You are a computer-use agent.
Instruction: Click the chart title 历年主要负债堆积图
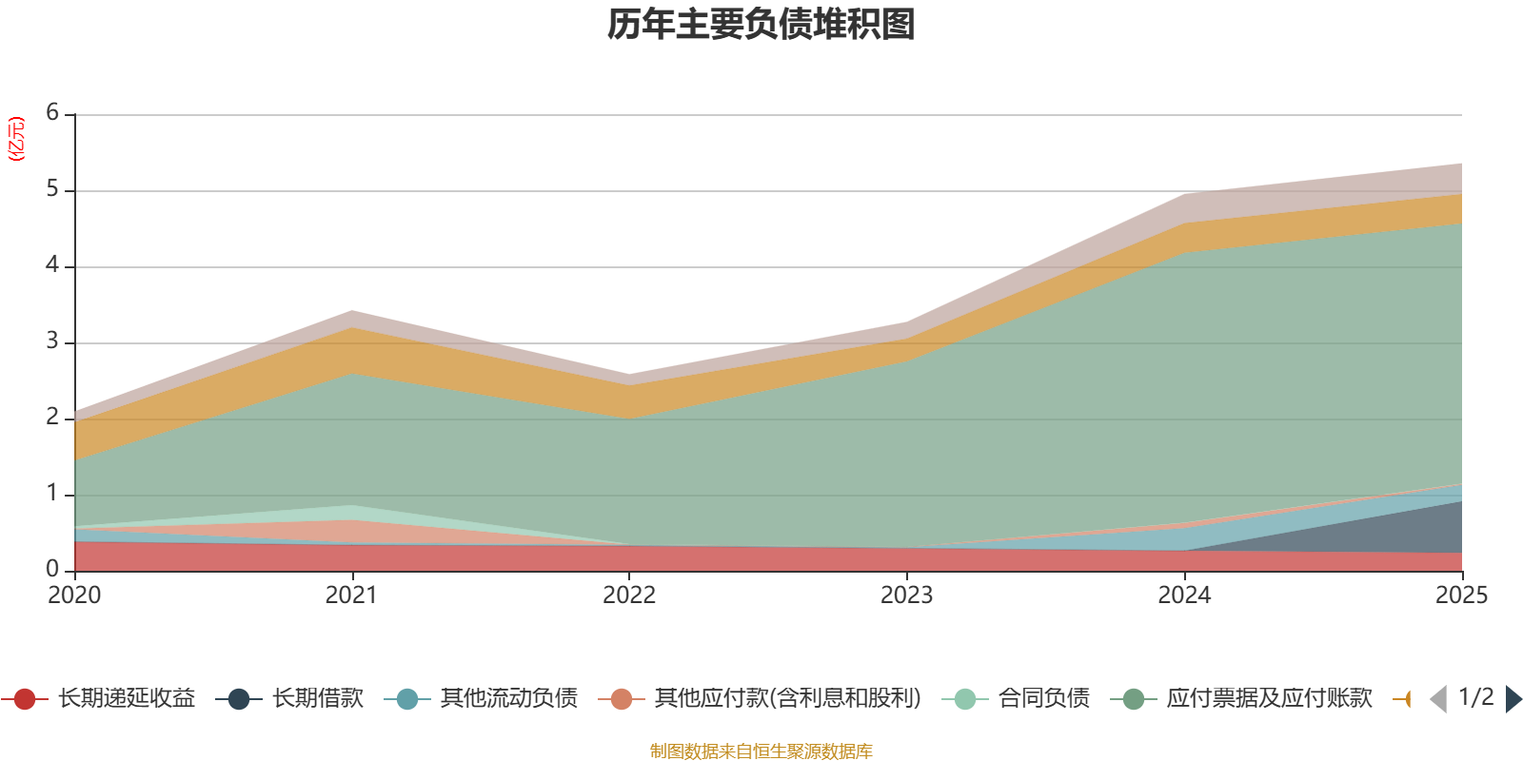761,25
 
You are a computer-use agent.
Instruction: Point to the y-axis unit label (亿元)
16,139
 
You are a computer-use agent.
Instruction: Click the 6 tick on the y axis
52,113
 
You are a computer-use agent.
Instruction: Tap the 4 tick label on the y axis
52,265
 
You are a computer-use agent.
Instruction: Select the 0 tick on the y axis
52,569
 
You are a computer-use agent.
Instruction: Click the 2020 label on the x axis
74,595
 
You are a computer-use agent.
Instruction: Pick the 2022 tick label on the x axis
629,595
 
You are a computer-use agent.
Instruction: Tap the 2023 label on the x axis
906,595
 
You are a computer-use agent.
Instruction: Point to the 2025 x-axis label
1460,595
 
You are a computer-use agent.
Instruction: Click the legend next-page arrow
1513,699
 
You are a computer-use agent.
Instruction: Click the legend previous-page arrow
1438,699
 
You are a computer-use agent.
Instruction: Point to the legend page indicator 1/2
1475,697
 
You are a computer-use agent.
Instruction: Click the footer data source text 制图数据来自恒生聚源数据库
761,751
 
